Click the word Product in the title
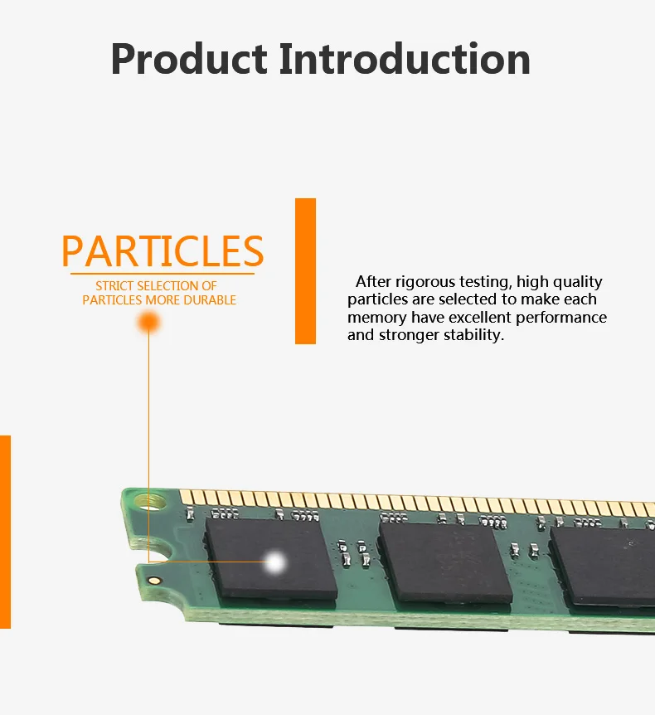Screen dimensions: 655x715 pos(189,61)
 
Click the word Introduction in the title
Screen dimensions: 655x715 pos(405,59)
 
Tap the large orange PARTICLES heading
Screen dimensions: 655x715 pos(163,251)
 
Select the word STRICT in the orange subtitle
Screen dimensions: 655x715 pos(114,286)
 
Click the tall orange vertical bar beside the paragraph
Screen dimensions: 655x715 pos(306,270)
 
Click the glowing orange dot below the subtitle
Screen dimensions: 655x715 pos(148,322)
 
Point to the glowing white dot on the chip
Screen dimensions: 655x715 pos(274,563)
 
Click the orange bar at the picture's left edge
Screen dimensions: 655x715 pos(5,531)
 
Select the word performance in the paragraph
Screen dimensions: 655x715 pos(561,318)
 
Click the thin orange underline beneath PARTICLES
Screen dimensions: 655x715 pos(163,273)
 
